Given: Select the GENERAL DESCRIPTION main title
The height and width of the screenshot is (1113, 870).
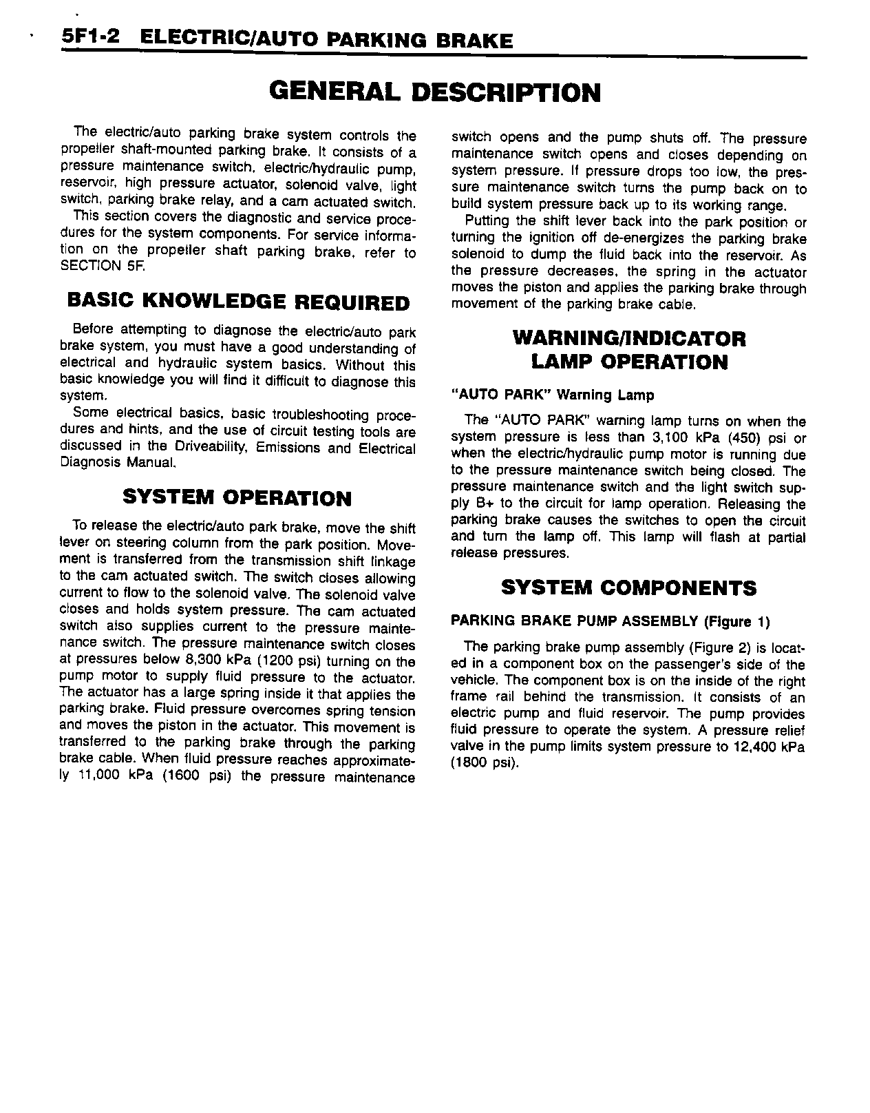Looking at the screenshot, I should click(x=434, y=92).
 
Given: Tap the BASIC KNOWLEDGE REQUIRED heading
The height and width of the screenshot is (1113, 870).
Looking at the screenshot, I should click(x=238, y=302).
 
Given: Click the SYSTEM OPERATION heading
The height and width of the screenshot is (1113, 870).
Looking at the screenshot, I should click(x=237, y=497).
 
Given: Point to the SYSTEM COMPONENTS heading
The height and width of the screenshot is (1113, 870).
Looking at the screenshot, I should click(x=628, y=587).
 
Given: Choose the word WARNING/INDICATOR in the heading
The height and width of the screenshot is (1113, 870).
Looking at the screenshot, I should click(x=629, y=339).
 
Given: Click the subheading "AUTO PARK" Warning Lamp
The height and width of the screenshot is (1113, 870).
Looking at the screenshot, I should click(x=552, y=395).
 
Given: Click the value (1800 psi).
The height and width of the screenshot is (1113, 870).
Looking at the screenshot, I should click(x=482, y=763).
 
